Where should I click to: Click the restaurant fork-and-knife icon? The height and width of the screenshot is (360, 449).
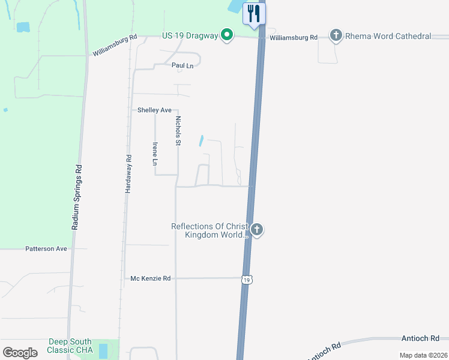click(x=254, y=13)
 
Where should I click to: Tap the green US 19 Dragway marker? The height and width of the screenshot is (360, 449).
click(x=226, y=36)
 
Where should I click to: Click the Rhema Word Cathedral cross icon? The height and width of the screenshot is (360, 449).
click(x=336, y=37)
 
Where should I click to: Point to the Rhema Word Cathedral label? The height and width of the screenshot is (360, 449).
click(x=388, y=37)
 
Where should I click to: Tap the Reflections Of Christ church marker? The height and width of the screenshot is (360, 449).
click(x=257, y=230)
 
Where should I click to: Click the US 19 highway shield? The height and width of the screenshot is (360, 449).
click(x=247, y=280)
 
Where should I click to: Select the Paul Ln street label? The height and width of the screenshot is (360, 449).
click(x=182, y=65)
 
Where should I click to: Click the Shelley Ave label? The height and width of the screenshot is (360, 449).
click(x=155, y=110)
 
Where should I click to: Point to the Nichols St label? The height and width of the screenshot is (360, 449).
click(x=178, y=131)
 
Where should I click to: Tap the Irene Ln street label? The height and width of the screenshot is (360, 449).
click(x=155, y=154)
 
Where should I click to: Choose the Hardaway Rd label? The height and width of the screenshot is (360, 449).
click(x=128, y=173)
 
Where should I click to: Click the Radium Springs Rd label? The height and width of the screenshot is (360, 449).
click(x=76, y=197)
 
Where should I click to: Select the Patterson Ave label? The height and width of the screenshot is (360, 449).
click(x=46, y=248)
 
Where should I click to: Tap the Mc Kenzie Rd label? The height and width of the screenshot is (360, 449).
click(x=151, y=278)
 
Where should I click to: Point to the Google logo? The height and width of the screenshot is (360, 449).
click(x=20, y=353)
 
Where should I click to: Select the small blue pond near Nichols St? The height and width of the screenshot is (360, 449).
click(x=201, y=141)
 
